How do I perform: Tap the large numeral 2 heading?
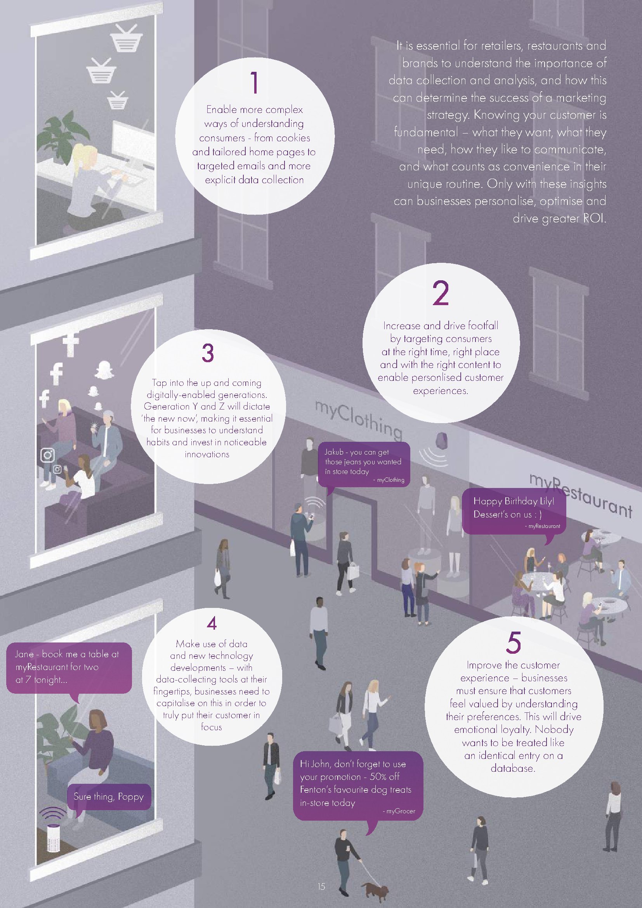click(x=441, y=293)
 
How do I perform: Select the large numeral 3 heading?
click(x=208, y=353)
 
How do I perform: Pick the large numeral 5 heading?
click(x=514, y=642)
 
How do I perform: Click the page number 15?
click(x=321, y=887)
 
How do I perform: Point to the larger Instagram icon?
click(x=47, y=455)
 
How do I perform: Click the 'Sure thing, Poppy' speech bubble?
click(x=108, y=796)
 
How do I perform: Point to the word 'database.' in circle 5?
click(x=513, y=768)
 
